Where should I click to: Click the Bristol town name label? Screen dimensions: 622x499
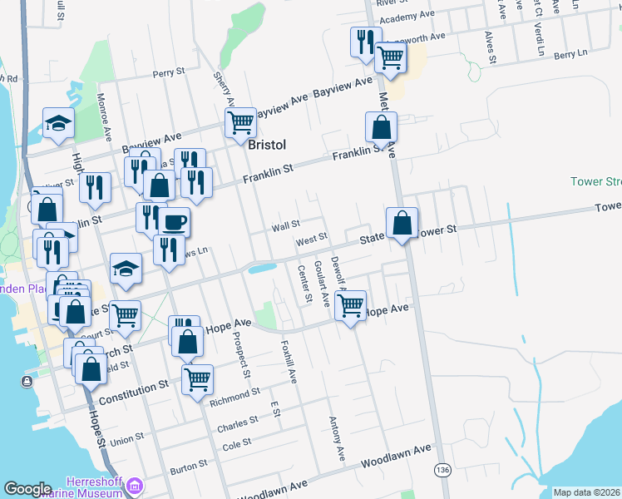coord(267,145)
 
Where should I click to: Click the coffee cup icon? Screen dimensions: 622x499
coord(174,222)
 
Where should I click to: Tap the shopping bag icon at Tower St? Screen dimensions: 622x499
coord(402,223)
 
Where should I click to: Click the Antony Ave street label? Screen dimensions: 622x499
coord(338,439)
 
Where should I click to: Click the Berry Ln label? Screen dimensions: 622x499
coord(570,54)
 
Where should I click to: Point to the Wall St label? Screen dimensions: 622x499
coord(285,225)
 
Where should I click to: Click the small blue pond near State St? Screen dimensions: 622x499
coord(261,269)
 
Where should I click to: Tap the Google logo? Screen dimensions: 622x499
coord(27,489)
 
